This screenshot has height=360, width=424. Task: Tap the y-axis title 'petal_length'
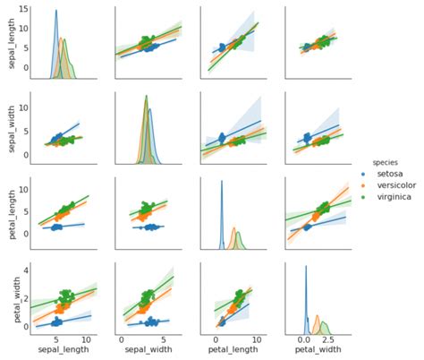click(x=8, y=212)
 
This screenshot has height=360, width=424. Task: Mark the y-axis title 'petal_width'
click(x=8, y=297)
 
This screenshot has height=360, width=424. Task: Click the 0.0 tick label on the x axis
click(x=305, y=341)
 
